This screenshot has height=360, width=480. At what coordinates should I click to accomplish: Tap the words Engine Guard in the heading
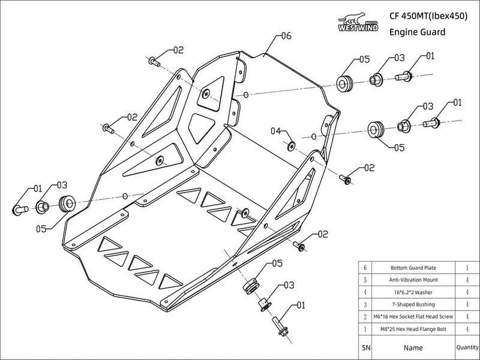418,32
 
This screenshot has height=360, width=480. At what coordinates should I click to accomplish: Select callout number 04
276,131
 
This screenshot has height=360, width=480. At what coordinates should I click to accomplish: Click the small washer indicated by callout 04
291,144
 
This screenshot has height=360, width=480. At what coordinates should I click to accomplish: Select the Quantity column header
467,347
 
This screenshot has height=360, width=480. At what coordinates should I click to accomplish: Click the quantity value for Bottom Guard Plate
467,267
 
